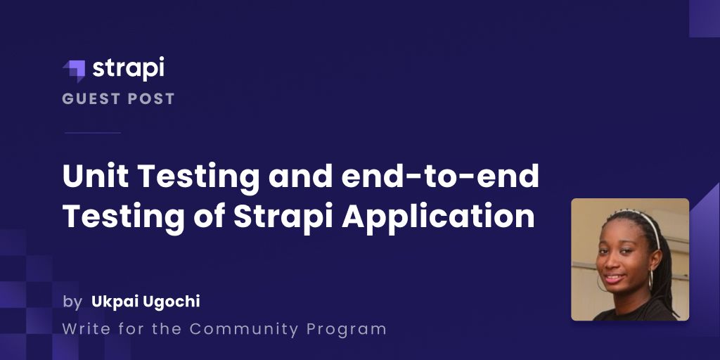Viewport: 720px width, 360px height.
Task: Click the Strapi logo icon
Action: point(75,71)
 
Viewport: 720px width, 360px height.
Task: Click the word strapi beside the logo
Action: point(128,68)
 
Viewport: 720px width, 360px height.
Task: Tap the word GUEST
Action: point(91,98)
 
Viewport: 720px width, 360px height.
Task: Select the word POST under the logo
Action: point(151,98)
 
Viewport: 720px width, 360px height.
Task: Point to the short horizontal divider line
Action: point(93,133)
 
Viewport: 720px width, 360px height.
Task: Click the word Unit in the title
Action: point(96,176)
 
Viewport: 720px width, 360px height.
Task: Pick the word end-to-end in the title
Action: point(439,176)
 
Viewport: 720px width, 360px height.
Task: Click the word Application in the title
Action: point(438,217)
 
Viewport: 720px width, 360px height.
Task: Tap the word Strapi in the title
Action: point(283,217)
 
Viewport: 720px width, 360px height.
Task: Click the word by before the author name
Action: point(72,302)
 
